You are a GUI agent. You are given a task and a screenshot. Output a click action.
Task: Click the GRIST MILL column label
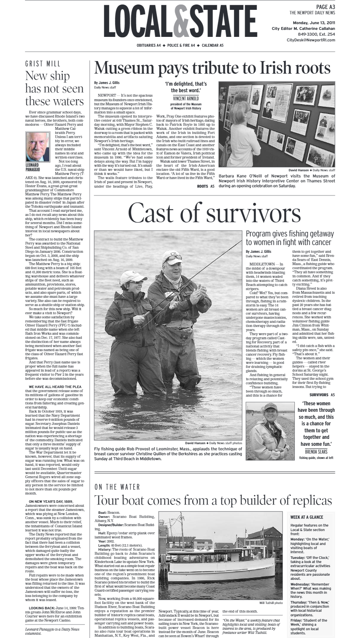click(x=43, y=64)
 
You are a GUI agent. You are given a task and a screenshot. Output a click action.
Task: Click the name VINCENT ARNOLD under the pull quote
click(x=186, y=98)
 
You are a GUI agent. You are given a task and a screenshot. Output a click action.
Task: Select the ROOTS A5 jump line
click(x=205, y=186)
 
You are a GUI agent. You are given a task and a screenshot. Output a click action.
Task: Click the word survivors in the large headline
click(x=256, y=213)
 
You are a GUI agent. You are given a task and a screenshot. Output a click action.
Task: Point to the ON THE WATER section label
click(x=117, y=487)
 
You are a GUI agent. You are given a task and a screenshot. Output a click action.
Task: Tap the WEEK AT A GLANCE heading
click(x=307, y=517)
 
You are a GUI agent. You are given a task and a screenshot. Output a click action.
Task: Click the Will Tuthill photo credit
click(x=271, y=603)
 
